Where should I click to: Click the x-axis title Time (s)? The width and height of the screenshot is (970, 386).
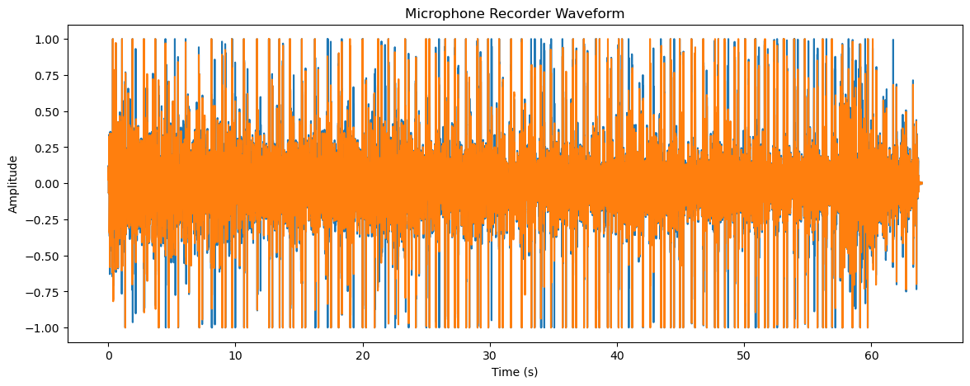click(515, 372)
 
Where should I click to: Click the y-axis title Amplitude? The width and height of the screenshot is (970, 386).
click(13, 183)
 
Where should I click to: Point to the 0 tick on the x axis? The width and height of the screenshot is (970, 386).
click(108, 355)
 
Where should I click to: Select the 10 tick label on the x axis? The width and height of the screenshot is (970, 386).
click(235, 355)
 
